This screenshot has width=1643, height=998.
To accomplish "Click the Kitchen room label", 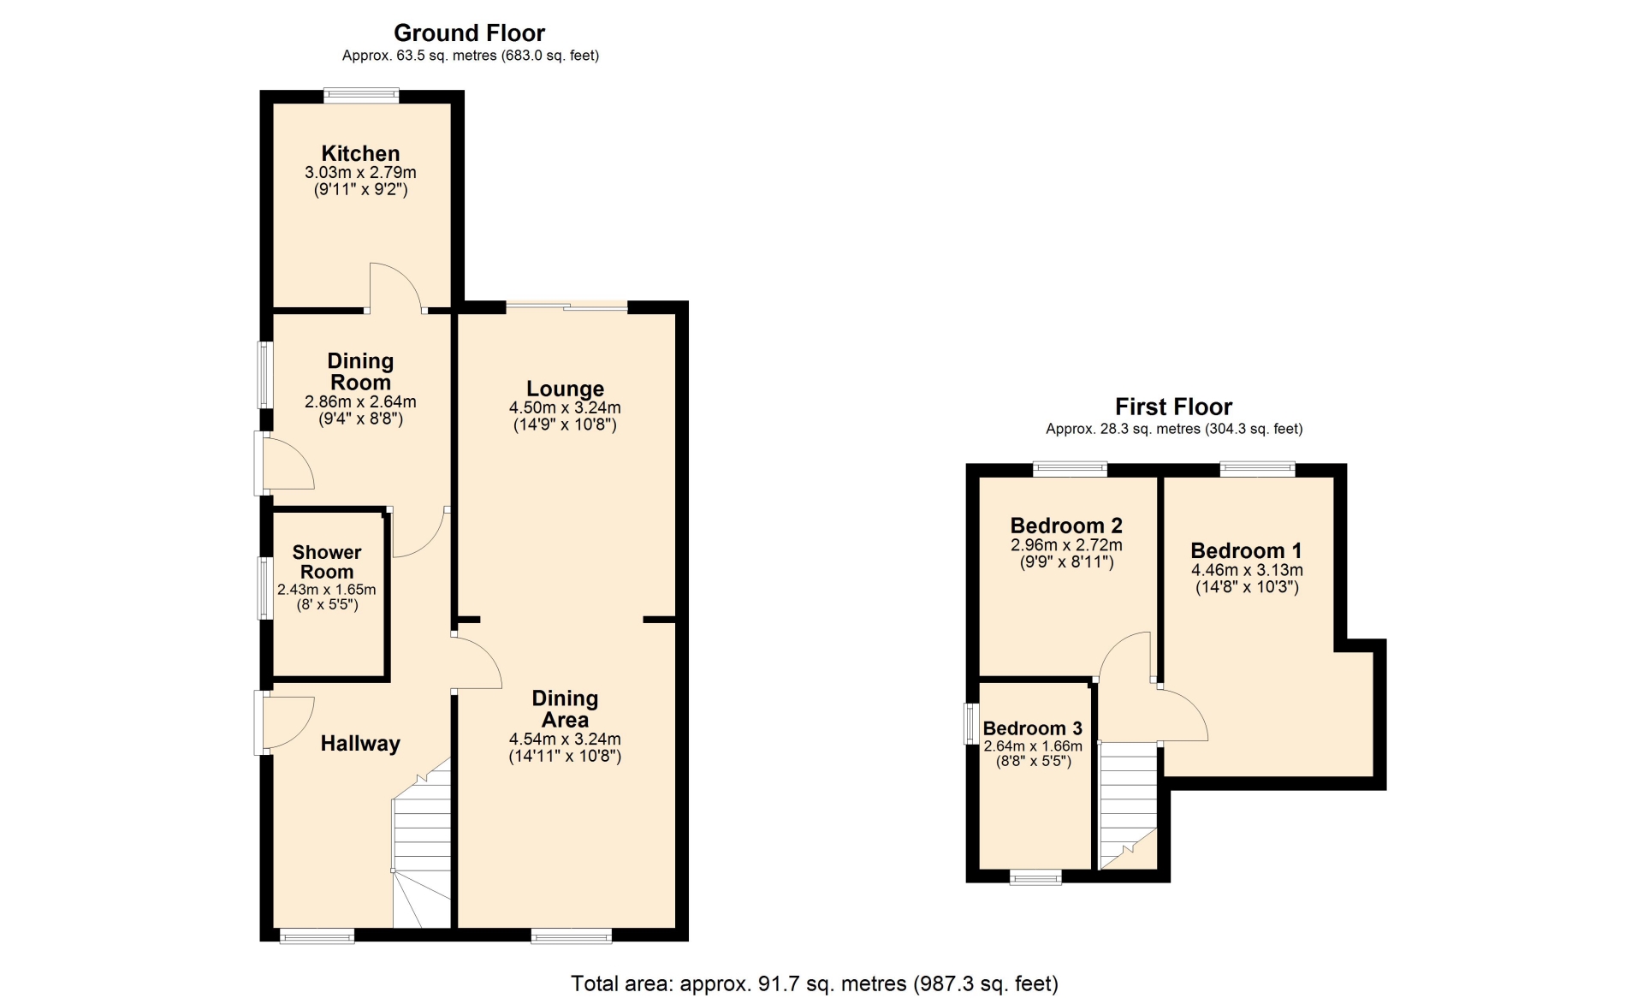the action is tap(360, 153).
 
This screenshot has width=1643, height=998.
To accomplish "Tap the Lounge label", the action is tap(565, 389).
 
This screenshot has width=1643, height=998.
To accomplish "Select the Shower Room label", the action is tap(327, 561).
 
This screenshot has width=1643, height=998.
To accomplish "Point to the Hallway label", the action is tap(360, 744).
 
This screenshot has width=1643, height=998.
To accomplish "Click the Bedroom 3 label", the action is tap(1032, 728).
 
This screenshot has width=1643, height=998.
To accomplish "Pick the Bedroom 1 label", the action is tap(1246, 550).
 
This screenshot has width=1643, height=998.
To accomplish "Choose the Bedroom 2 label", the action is tap(1066, 526).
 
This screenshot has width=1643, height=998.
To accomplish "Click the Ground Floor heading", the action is tap(469, 33).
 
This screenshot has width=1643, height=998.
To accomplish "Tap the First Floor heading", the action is tap(1173, 407).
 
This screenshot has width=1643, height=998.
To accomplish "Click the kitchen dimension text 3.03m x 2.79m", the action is tap(360, 172).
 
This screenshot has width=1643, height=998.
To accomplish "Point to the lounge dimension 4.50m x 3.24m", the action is tap(565, 407).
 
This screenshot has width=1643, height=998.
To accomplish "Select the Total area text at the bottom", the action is tap(815, 983).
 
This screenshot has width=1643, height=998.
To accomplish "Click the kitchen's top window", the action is tap(361, 96).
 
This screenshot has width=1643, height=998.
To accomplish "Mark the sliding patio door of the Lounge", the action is tap(566, 306).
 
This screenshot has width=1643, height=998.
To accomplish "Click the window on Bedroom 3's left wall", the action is tap(971, 723).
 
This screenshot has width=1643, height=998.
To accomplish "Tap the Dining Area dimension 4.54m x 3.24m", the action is tap(565, 740).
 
